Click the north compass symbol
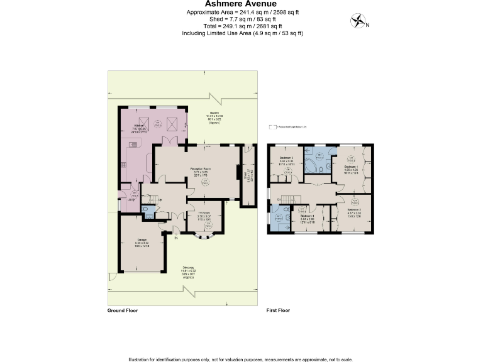click(x=358, y=22)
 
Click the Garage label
click(x=142, y=243)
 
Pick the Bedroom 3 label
click(x=287, y=158)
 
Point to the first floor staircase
click(x=284, y=200)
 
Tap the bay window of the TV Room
click(x=205, y=238)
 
